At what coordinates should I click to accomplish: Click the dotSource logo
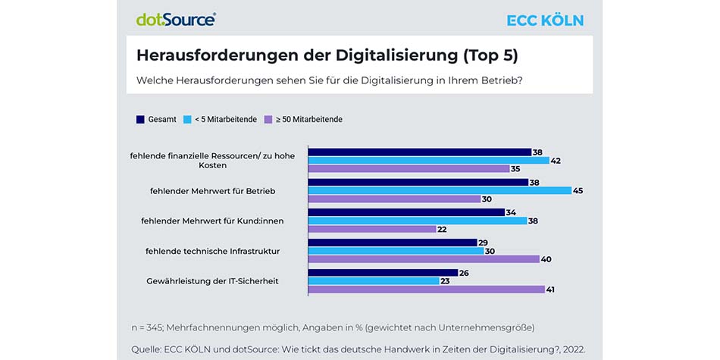click(x=176, y=20)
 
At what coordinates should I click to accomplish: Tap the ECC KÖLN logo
click(x=545, y=20)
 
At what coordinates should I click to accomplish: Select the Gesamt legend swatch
click(x=140, y=119)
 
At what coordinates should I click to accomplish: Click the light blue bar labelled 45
click(x=439, y=190)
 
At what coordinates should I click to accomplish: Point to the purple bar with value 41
click(x=426, y=289)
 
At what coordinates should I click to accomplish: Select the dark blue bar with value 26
click(x=382, y=272)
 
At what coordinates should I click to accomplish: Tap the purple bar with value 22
click(x=371, y=229)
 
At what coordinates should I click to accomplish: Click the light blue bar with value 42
click(x=428, y=160)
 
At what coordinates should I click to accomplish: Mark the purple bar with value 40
click(x=423, y=258)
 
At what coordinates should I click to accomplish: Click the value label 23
click(x=446, y=280)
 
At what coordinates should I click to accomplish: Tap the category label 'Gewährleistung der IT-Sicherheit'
click(x=212, y=280)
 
